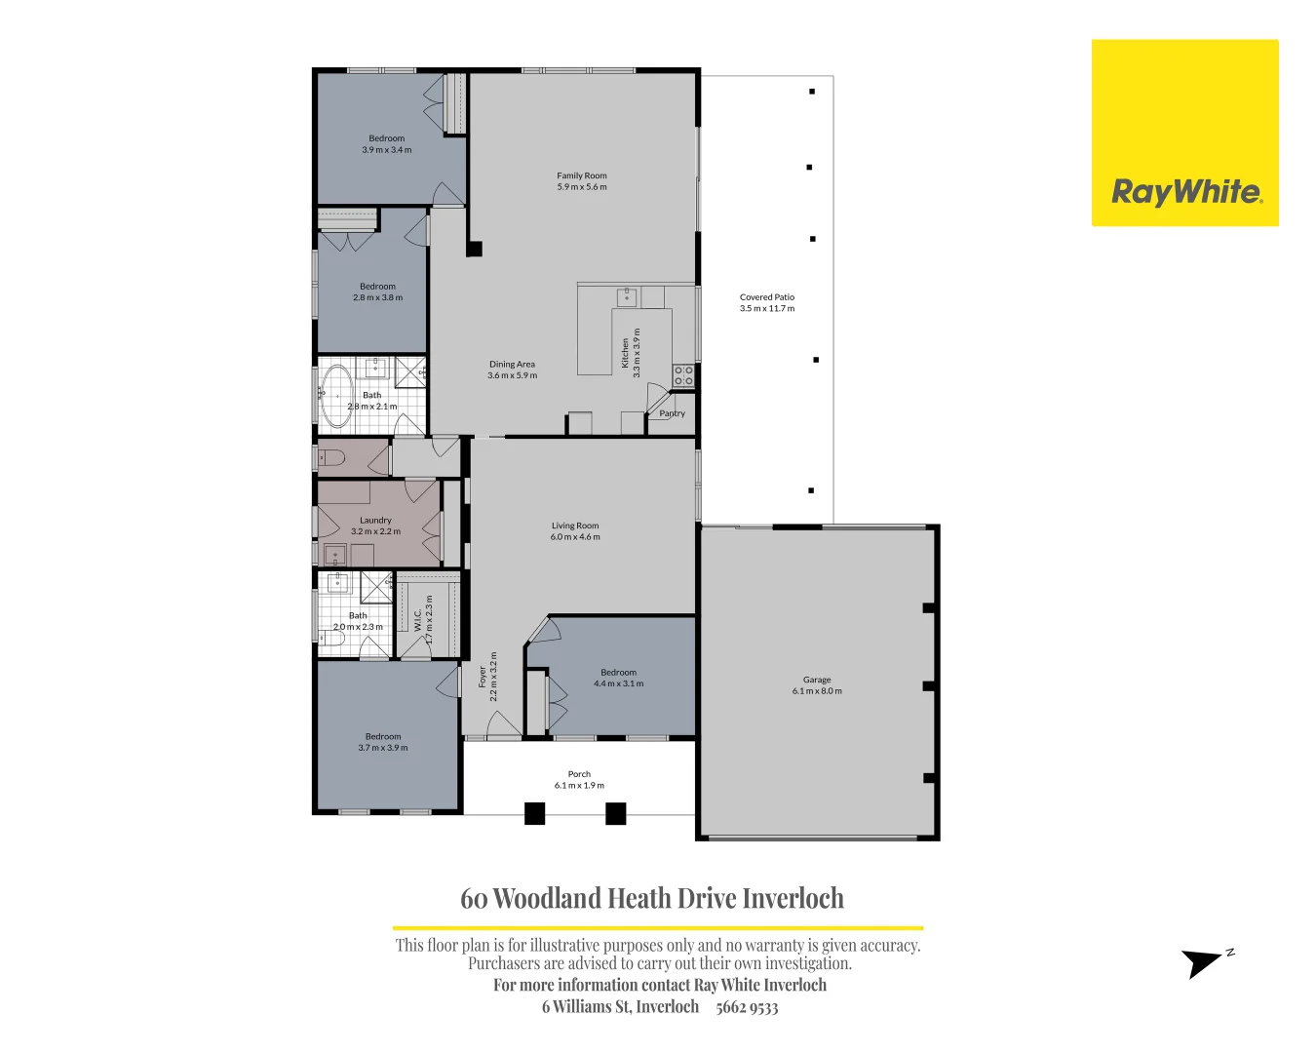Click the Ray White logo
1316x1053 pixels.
point(1184,134)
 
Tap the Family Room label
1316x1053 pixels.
point(582,176)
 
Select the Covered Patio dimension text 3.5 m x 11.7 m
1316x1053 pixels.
point(767,309)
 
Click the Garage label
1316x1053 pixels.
point(817,680)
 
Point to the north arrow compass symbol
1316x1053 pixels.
point(1204,962)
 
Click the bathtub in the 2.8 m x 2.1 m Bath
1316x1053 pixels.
point(337,396)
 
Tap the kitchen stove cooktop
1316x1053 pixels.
point(683,375)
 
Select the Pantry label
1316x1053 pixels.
point(672,413)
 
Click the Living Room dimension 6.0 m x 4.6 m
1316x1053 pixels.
point(575,537)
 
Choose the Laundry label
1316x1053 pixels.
point(375,521)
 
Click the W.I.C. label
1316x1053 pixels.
point(418,621)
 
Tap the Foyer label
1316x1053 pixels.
point(482,677)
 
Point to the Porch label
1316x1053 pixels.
point(579,774)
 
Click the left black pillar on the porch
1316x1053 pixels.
point(534,813)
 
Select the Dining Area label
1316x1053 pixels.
point(512,365)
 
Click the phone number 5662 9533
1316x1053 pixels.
point(747,1007)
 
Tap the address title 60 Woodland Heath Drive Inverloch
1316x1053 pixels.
point(652,898)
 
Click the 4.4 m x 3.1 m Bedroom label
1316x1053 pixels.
point(618,673)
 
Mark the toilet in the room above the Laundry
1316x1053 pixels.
point(331,458)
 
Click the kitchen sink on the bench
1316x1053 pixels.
point(627,296)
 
